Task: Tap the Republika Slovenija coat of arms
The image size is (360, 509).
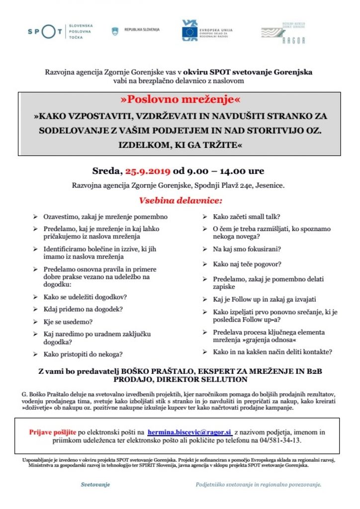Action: click(115, 31)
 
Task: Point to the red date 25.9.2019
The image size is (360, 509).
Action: click(148, 171)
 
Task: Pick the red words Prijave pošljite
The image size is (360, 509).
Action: click(47, 432)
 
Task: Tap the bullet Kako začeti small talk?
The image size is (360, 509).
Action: click(246, 217)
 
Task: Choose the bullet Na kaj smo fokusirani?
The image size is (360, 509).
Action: click(247, 249)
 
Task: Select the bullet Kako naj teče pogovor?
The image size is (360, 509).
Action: click(247, 264)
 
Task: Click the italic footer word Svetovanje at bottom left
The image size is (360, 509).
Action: click(95, 484)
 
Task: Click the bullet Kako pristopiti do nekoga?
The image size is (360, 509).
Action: click(84, 354)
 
